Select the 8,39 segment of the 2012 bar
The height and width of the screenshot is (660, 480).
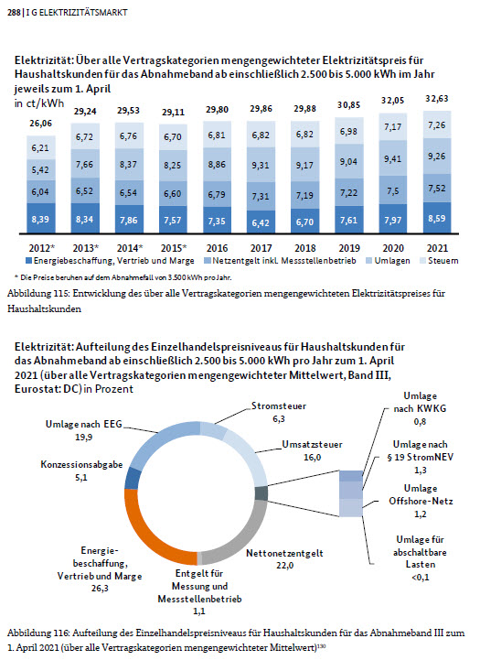click(40, 220)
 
